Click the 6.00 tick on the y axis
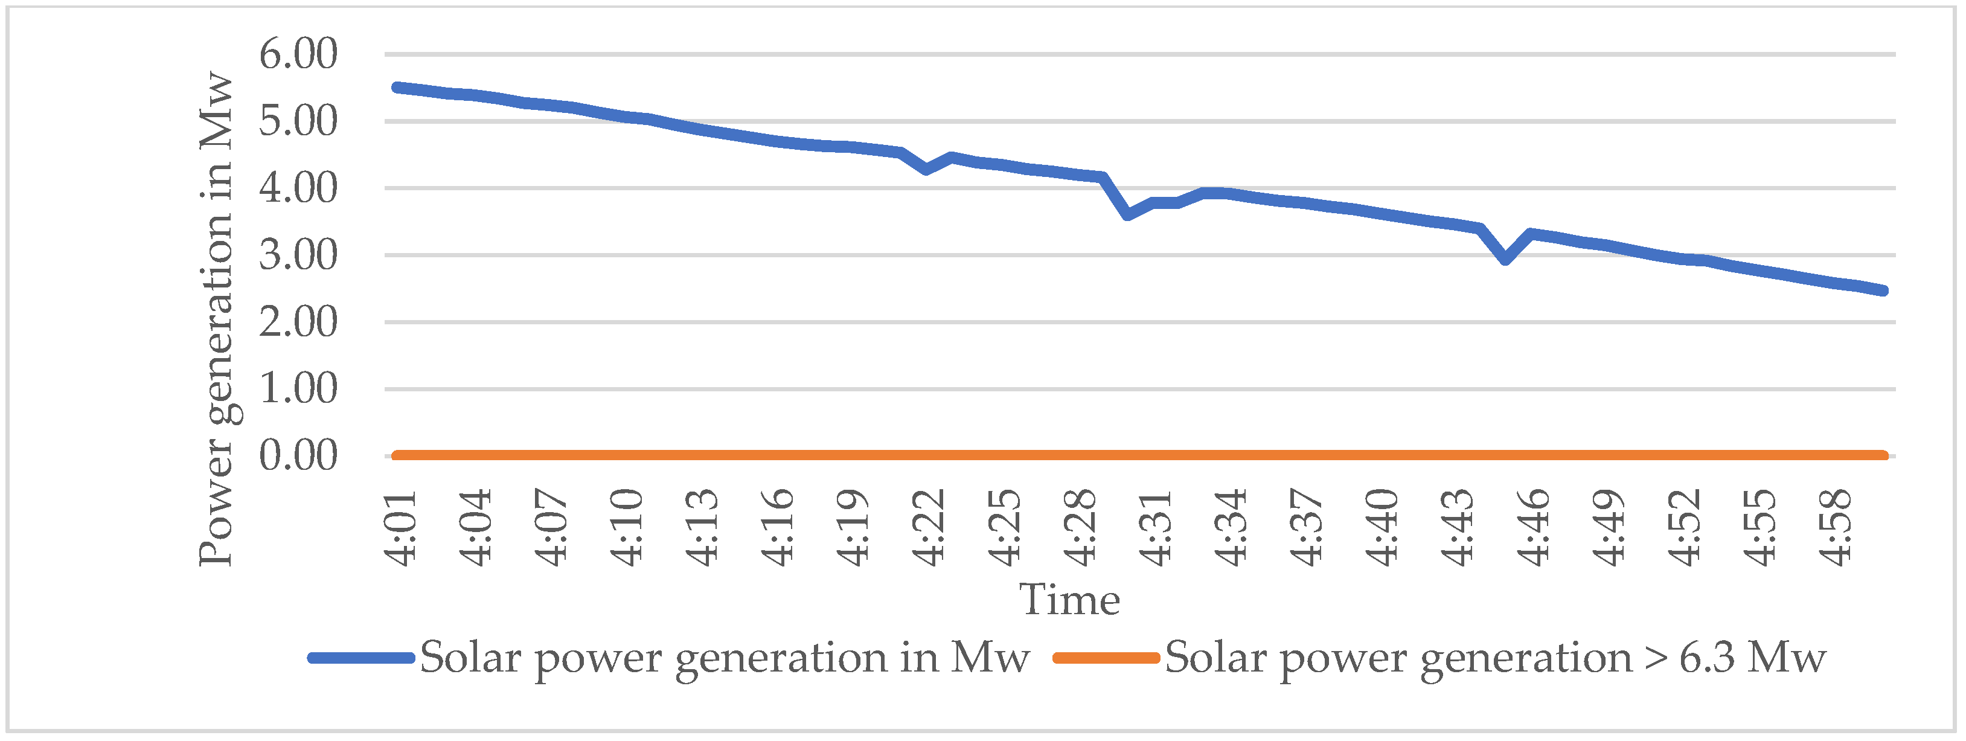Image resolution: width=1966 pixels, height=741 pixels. click(298, 54)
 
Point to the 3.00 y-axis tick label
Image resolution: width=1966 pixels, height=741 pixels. click(298, 255)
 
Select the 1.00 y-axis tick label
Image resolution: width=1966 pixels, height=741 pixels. click(298, 388)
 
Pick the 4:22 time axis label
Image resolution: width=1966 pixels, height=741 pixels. click(929, 528)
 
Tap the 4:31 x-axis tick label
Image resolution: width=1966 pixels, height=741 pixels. click(1156, 528)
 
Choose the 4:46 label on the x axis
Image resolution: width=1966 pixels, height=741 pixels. click(1533, 528)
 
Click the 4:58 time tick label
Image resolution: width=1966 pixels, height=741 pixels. click(1836, 528)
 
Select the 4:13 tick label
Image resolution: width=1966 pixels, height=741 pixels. click(702, 528)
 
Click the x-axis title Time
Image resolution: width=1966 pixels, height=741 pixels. click(1069, 600)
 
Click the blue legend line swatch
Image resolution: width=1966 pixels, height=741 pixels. click(361, 658)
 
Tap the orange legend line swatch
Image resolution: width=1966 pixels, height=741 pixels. click(1106, 658)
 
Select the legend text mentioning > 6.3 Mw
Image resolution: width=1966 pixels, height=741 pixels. click(1495, 658)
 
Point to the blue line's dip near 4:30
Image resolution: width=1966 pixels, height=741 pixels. click(1128, 214)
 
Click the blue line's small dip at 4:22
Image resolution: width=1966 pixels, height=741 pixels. click(926, 168)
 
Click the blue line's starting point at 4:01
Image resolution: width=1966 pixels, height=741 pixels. click(397, 88)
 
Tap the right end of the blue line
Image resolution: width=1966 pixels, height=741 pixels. click(1883, 290)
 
